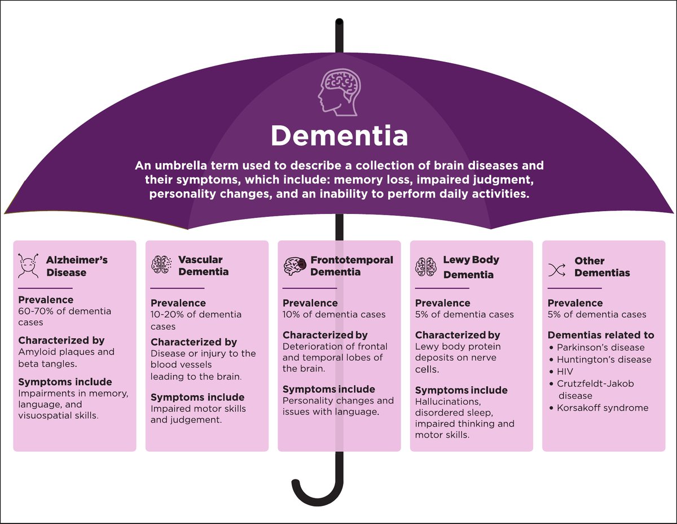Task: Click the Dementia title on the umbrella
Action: tap(338, 136)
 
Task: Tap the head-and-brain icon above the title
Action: tap(338, 91)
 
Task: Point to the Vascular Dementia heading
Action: tap(200, 265)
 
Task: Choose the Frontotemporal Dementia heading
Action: tap(351, 266)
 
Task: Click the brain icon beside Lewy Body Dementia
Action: tap(425, 266)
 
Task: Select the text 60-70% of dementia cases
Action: tap(64, 317)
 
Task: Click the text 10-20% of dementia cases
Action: tap(196, 320)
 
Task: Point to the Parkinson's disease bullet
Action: tap(600, 348)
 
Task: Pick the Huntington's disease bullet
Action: tap(603, 360)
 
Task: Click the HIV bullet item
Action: tap(565, 372)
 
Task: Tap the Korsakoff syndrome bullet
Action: tap(602, 408)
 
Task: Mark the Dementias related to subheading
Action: tap(600, 335)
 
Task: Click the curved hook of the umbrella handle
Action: tap(313, 497)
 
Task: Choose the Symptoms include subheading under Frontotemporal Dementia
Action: tap(328, 389)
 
